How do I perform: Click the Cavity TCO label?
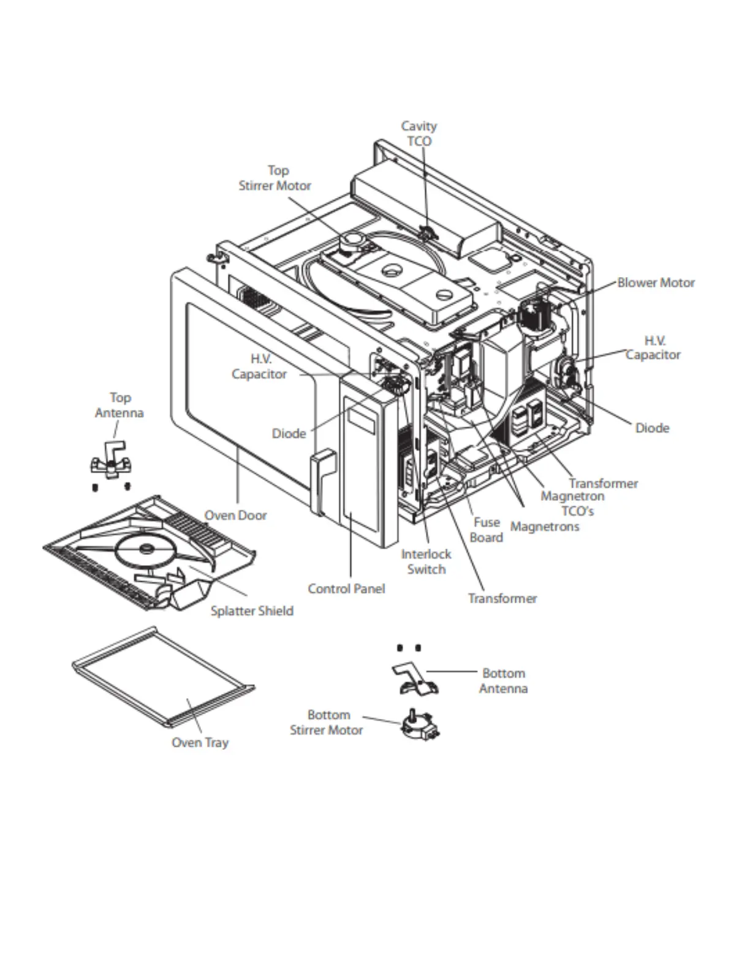[x=419, y=134]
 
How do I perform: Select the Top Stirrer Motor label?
[x=275, y=178]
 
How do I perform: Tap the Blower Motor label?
[x=656, y=283]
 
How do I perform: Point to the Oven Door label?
[x=235, y=516]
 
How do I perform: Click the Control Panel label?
[x=346, y=588]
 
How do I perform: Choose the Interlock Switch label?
[x=426, y=562]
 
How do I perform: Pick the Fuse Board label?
[x=487, y=530]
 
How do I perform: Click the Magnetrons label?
[x=544, y=527]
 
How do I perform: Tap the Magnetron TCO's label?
[x=572, y=503]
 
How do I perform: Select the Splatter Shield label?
[x=252, y=611]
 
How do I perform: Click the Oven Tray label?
[x=200, y=742]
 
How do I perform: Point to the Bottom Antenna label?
[x=503, y=680]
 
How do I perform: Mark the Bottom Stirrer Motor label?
[x=327, y=722]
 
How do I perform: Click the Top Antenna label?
[x=119, y=405]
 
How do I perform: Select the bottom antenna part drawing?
[x=414, y=680]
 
